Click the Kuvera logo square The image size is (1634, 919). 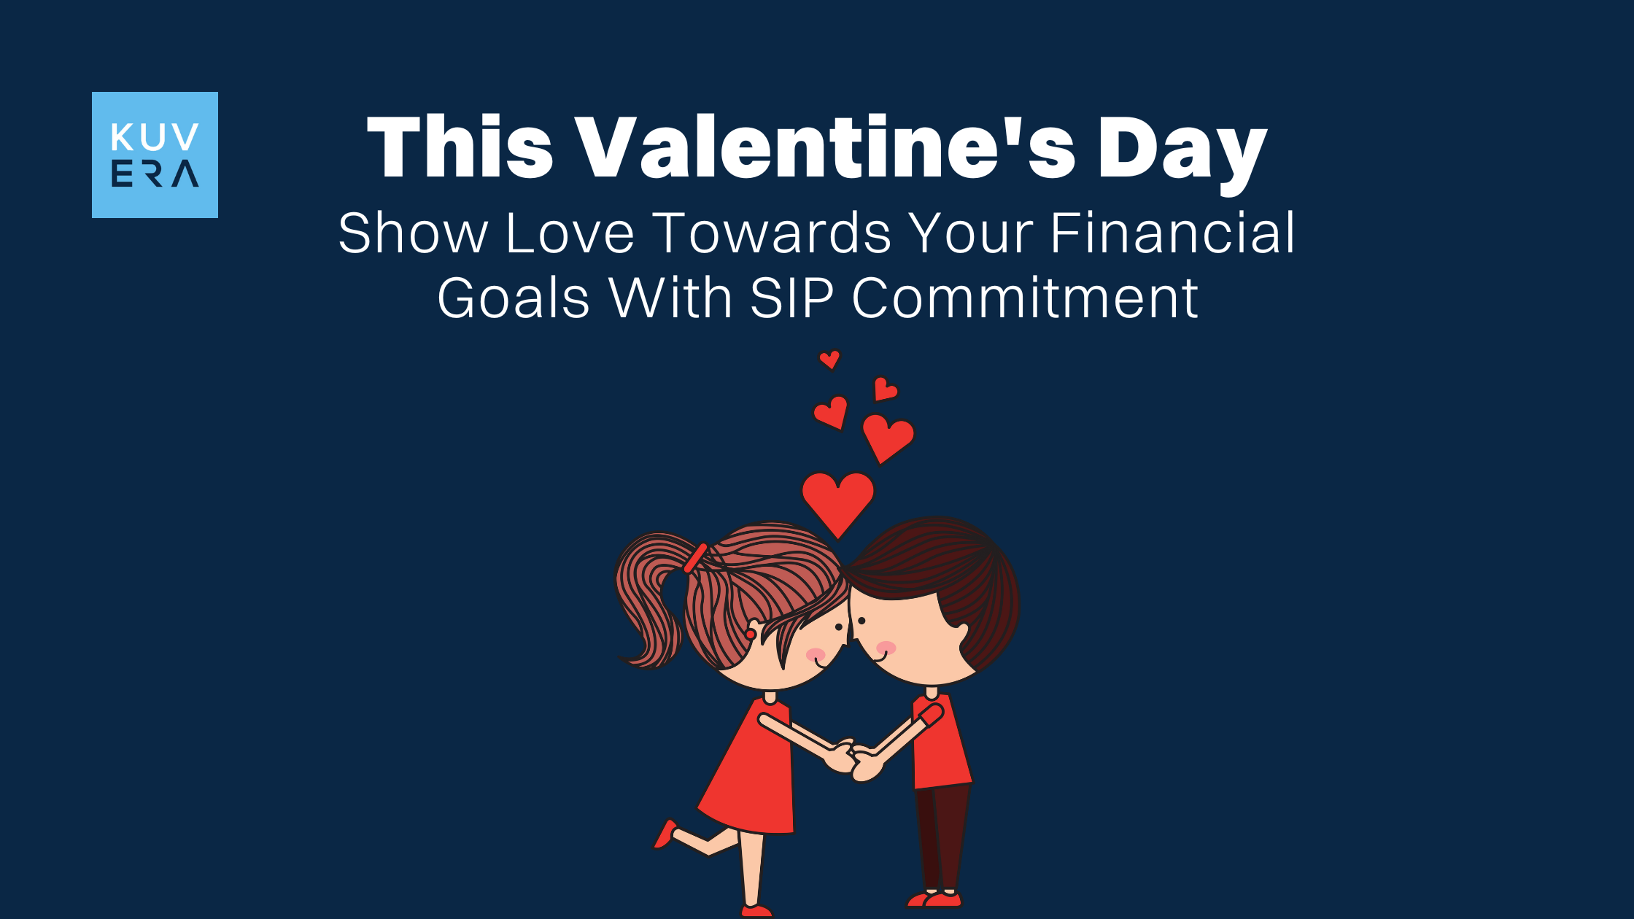click(155, 155)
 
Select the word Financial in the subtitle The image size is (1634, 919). click(1172, 233)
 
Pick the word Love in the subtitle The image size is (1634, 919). click(570, 233)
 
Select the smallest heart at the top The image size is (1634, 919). click(829, 359)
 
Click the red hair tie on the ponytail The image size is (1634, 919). click(695, 558)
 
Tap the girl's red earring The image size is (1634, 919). click(750, 635)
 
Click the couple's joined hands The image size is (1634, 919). click(853, 761)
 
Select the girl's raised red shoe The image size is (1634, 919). click(665, 834)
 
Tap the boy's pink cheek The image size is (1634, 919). click(886, 648)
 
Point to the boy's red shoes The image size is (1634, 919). click(936, 899)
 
